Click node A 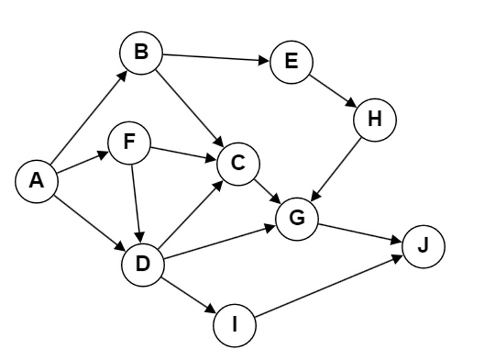click(x=36, y=181)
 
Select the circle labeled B click(x=141, y=53)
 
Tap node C click(x=238, y=163)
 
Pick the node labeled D click(x=143, y=265)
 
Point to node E click(x=291, y=62)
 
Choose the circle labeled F click(x=129, y=142)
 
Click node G click(x=297, y=218)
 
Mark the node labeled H click(x=375, y=120)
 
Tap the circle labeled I click(x=235, y=326)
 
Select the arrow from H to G click(x=337, y=167)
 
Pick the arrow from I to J click(x=329, y=287)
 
